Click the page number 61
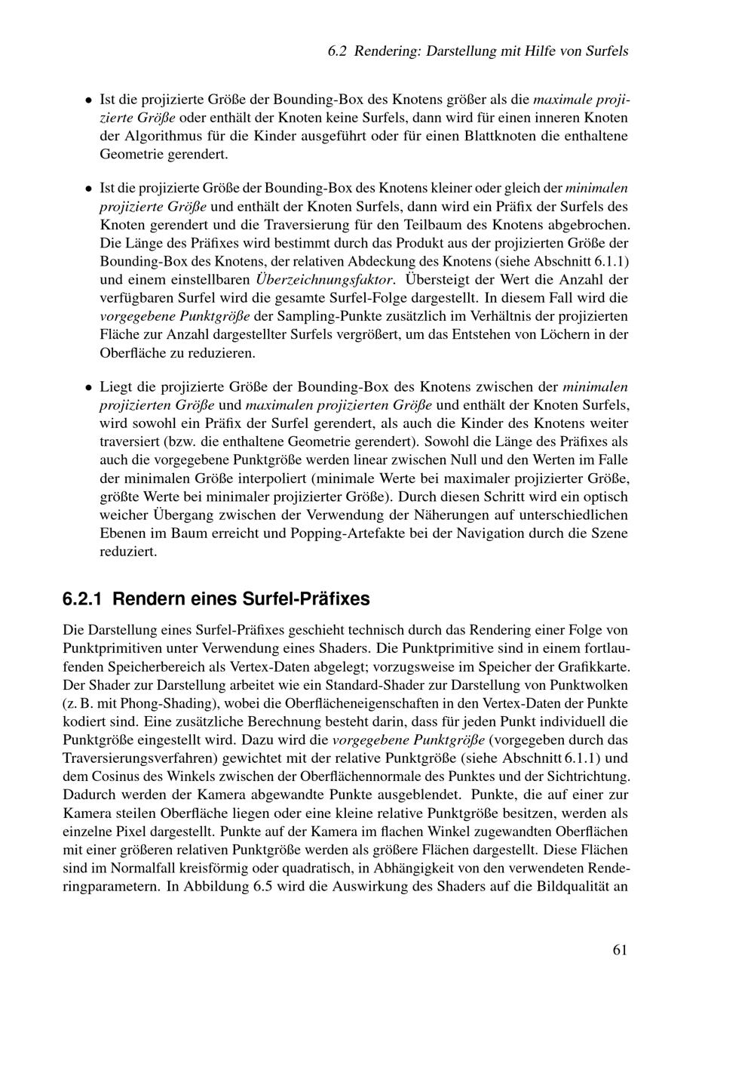(x=620, y=949)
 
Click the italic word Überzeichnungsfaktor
(x=325, y=279)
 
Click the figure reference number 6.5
(x=261, y=887)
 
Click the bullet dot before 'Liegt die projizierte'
(x=88, y=387)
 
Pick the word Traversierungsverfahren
(x=141, y=758)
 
